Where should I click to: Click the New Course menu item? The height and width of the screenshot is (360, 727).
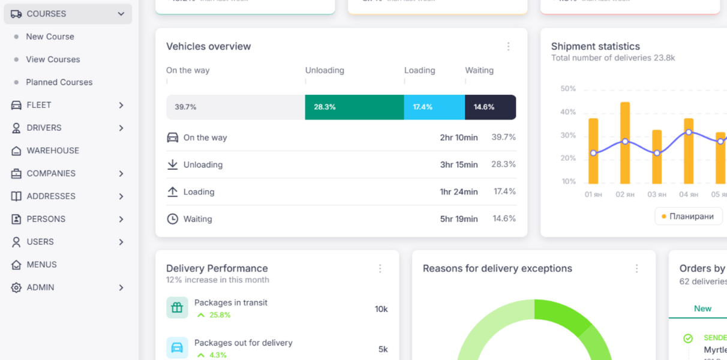coord(50,37)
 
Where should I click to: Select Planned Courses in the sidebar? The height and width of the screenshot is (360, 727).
coord(59,82)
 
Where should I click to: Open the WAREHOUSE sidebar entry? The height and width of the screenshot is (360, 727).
coord(53,151)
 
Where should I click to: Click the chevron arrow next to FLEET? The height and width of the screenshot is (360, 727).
coord(121,105)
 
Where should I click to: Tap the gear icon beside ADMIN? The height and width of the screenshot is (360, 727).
coord(16,287)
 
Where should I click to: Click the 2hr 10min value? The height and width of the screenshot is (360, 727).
coord(458,137)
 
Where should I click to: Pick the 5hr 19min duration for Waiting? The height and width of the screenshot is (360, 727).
coord(458,219)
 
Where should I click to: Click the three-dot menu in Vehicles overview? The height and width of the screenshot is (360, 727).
coord(508,47)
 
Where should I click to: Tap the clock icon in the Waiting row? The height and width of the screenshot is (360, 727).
coord(172,219)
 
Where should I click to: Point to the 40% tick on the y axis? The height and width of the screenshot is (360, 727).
coord(567,112)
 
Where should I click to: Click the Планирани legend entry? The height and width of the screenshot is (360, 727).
coord(688,216)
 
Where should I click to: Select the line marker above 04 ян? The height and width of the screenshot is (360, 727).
coord(689,132)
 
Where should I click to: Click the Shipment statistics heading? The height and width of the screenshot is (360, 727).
coord(595,46)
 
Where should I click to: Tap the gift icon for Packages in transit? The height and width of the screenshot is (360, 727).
coord(177,308)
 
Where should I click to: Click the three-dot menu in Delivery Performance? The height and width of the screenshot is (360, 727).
coord(380,269)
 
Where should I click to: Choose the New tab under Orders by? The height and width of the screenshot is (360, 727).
coord(702,308)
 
